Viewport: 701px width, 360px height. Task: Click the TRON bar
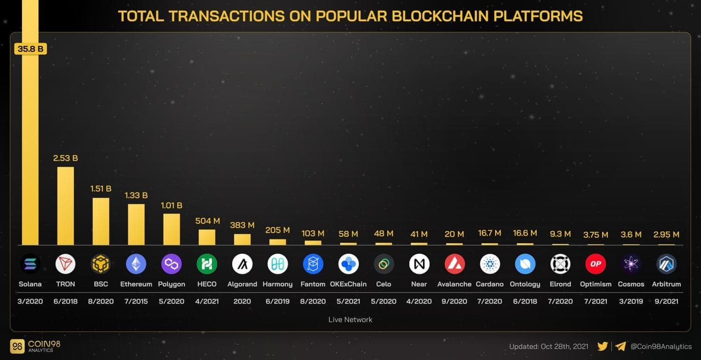tap(65, 205)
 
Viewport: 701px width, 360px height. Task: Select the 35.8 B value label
tap(31, 49)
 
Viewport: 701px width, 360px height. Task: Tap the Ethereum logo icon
tap(136, 264)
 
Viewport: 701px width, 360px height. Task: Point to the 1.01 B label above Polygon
tap(171, 205)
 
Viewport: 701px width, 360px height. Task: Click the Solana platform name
tap(30, 284)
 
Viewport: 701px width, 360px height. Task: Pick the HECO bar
tap(206, 237)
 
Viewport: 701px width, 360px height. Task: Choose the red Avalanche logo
tap(455, 264)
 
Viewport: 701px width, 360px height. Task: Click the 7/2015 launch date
tap(136, 301)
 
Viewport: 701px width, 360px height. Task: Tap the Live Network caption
tap(350, 319)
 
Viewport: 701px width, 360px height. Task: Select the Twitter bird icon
tap(602, 346)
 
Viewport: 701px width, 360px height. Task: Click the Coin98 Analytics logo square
tap(17, 346)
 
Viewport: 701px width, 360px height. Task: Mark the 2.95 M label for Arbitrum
tap(666, 235)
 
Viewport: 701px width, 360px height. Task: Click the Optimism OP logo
tap(595, 264)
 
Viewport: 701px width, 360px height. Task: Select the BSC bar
tap(101, 221)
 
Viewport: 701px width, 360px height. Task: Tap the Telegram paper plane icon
tap(620, 346)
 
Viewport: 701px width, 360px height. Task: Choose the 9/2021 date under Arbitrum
tap(666, 301)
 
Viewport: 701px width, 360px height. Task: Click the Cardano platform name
tap(490, 284)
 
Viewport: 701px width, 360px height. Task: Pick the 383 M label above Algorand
tap(242, 225)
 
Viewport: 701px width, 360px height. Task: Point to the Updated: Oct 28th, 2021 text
tap(549, 346)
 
